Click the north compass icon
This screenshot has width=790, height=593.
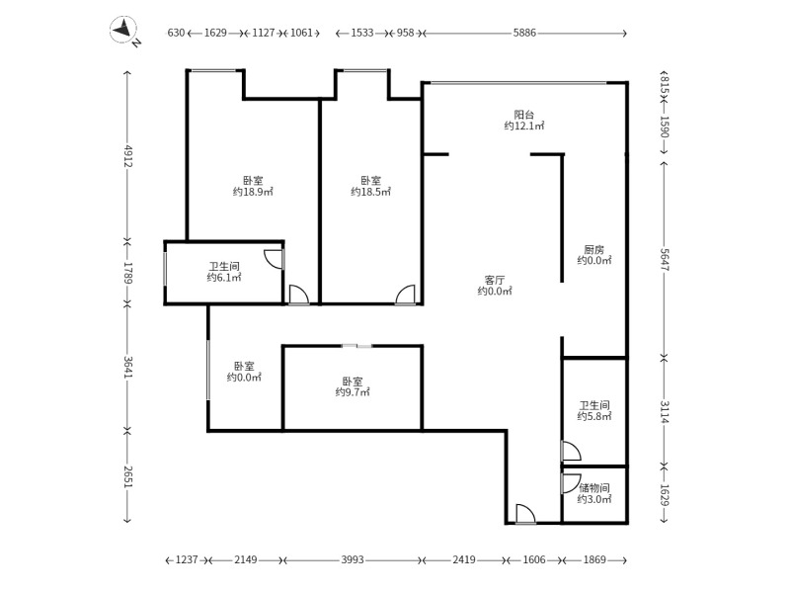pos(125,33)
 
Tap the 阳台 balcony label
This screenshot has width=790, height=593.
pos(524,114)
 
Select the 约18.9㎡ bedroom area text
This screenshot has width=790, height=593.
pos(253,192)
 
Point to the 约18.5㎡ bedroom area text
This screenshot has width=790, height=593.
pos(370,192)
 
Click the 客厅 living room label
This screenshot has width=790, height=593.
pos(495,279)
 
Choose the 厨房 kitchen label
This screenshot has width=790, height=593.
pos(593,248)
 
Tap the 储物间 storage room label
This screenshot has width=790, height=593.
pos(594,487)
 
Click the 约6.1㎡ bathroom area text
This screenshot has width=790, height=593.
pos(224,278)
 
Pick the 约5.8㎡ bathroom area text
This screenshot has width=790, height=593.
pos(594,417)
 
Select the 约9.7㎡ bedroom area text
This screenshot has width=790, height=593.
pos(353,392)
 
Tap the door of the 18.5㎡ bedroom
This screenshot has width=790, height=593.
pos(405,295)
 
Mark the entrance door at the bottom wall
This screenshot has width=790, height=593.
pos(524,514)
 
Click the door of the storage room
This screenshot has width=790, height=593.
pos(570,484)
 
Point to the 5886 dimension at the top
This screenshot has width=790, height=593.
pos(524,33)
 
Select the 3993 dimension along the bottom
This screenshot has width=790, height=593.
pos(353,560)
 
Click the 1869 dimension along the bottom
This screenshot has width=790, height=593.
pos(594,560)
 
